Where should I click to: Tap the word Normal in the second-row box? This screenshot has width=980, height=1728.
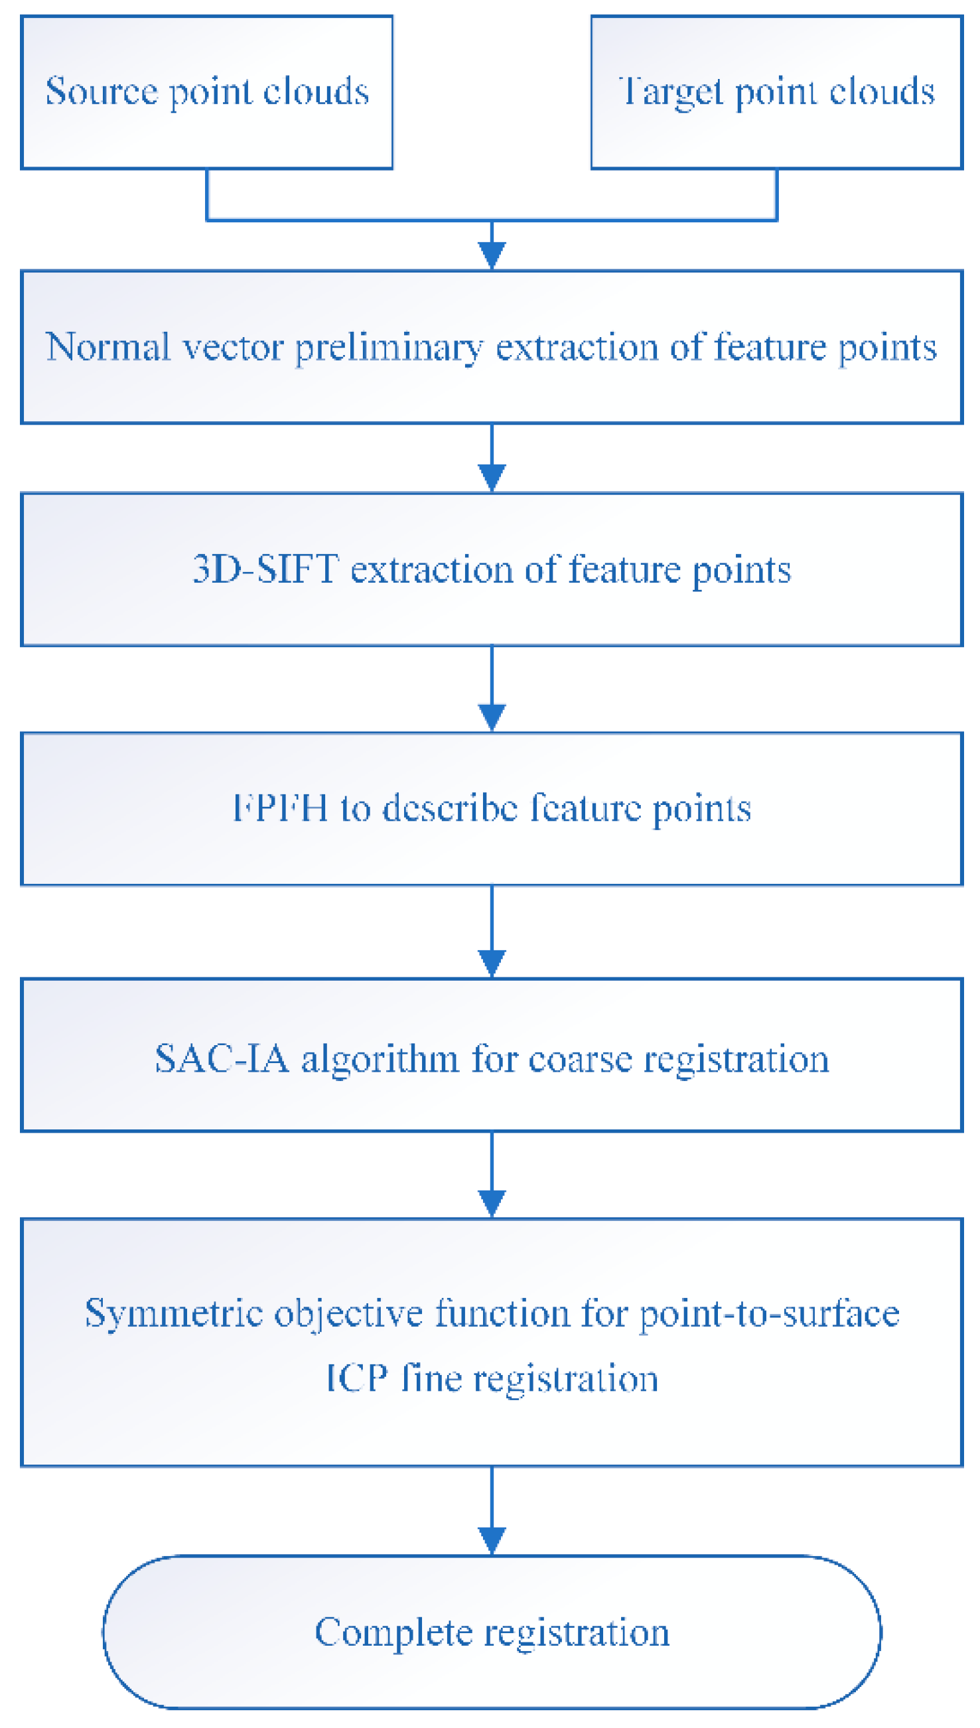[107, 347]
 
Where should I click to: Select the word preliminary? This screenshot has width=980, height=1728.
[389, 348]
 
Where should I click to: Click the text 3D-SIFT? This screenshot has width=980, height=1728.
[265, 569]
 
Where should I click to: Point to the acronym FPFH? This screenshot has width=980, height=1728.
[280, 808]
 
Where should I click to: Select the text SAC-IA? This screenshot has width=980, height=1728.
[222, 1059]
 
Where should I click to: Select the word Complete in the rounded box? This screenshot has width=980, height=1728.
[393, 1633]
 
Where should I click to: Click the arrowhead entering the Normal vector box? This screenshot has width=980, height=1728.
[492, 255]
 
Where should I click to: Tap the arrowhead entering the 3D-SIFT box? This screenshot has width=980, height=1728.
[492, 478]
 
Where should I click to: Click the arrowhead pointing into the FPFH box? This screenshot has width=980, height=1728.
[492, 717]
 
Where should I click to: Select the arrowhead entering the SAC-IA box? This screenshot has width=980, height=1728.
[492, 964]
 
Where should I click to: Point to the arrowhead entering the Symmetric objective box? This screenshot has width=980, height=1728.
[492, 1204]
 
